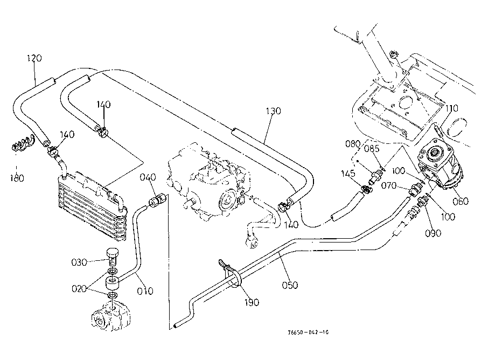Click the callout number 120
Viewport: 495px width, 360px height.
34,58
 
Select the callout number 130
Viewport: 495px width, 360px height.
274,111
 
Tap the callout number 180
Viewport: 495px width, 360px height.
18,178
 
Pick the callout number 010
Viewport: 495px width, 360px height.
145,291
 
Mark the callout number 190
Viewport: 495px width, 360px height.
250,302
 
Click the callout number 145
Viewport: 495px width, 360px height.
347,174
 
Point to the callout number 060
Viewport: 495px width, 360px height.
461,201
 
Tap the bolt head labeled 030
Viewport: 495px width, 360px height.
113,252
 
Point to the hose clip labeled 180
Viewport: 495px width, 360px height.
22,144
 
